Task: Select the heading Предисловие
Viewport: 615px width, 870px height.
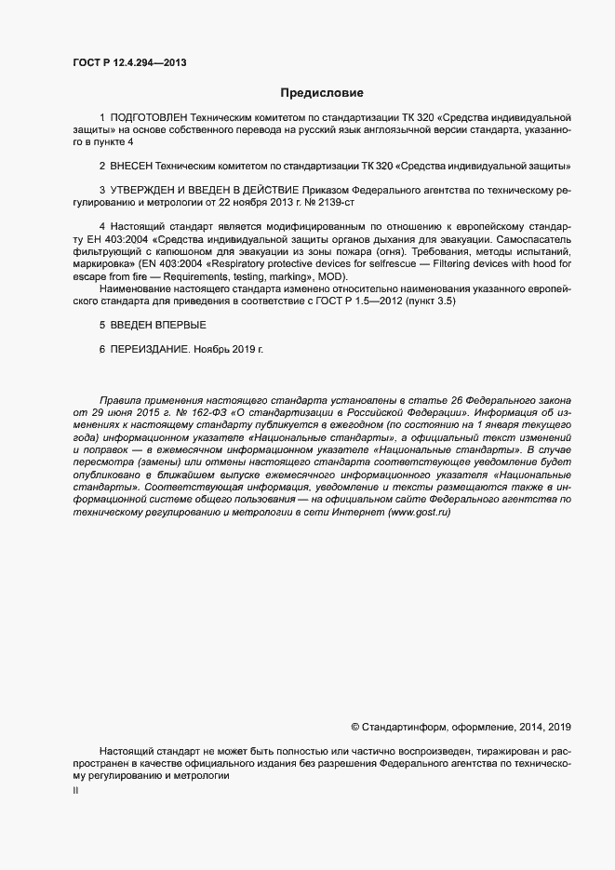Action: click(x=322, y=93)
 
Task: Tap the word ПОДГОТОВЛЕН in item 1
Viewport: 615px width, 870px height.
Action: click(x=148, y=118)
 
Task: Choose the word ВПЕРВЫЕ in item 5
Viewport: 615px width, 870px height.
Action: click(x=182, y=325)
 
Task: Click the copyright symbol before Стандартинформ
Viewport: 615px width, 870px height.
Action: click(x=355, y=727)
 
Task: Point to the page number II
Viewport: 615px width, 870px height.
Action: click(x=75, y=791)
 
